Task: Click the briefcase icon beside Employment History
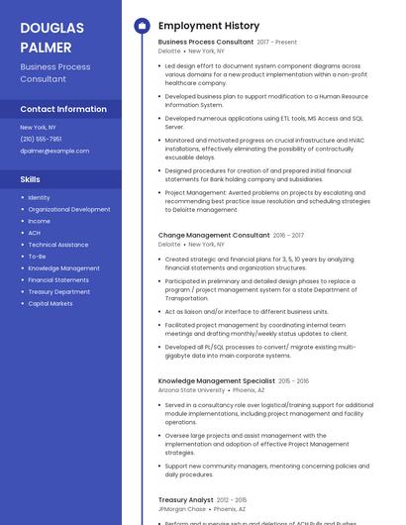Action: [x=141, y=26]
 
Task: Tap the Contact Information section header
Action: [x=63, y=109]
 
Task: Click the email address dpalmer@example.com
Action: [x=54, y=151]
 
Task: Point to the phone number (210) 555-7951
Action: [x=41, y=139]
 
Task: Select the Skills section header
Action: [x=31, y=179]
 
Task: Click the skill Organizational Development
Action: [x=69, y=209]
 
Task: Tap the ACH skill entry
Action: [x=35, y=233]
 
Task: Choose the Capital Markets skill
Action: [x=51, y=303]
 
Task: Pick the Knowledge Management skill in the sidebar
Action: [x=64, y=267]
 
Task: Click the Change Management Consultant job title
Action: [x=214, y=236]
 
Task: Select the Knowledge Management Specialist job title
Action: [x=217, y=380]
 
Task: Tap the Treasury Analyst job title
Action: [x=186, y=500]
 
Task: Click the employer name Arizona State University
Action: [x=192, y=390]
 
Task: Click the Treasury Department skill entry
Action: [x=59, y=291]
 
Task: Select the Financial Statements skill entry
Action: [x=58, y=279]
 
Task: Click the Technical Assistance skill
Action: [x=58, y=245]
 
